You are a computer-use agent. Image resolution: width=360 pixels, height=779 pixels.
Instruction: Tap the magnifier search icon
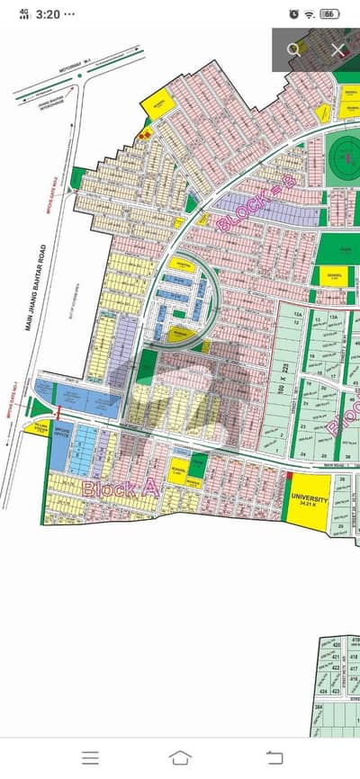293,50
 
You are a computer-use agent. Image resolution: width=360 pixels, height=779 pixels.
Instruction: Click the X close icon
337,50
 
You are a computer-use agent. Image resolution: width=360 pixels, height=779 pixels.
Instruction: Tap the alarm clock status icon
295,13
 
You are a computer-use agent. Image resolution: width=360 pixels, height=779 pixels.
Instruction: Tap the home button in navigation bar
180,757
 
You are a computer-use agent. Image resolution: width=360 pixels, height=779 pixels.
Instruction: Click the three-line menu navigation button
90,757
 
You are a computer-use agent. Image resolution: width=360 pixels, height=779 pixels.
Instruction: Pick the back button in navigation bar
271,757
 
